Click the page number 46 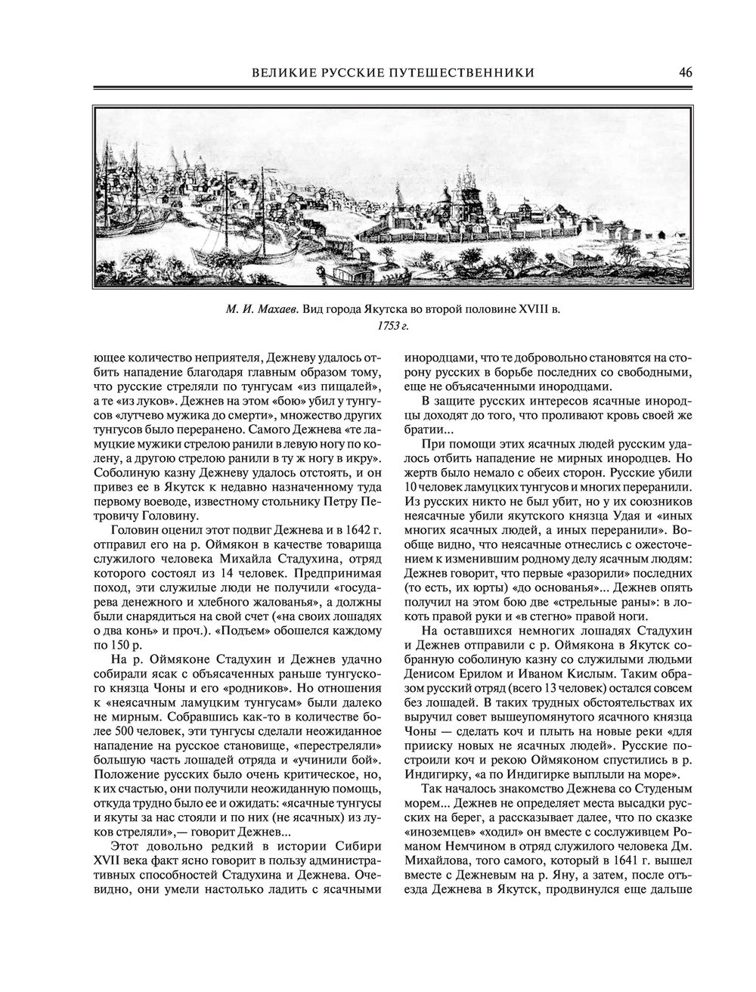686,73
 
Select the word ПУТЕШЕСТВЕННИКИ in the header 461,73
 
